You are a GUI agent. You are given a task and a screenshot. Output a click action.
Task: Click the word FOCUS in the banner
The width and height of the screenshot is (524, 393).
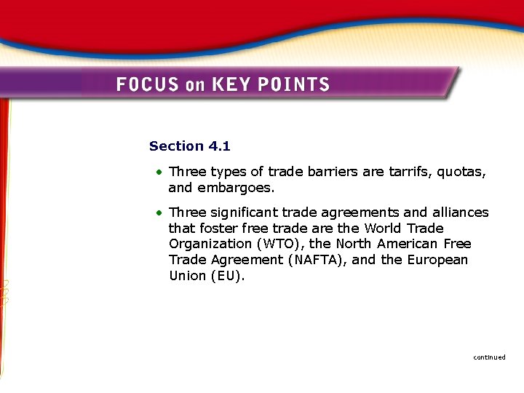pyautogui.click(x=148, y=84)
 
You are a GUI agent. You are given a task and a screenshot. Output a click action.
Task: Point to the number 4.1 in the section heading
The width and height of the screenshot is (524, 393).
pyautogui.click(x=219, y=146)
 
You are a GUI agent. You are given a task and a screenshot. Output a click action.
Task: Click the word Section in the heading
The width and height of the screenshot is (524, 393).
pyautogui.click(x=177, y=146)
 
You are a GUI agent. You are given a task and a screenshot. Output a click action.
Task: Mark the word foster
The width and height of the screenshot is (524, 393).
pyautogui.click(x=218, y=229)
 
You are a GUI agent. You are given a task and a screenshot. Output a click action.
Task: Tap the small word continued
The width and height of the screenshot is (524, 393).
pyautogui.click(x=489, y=357)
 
